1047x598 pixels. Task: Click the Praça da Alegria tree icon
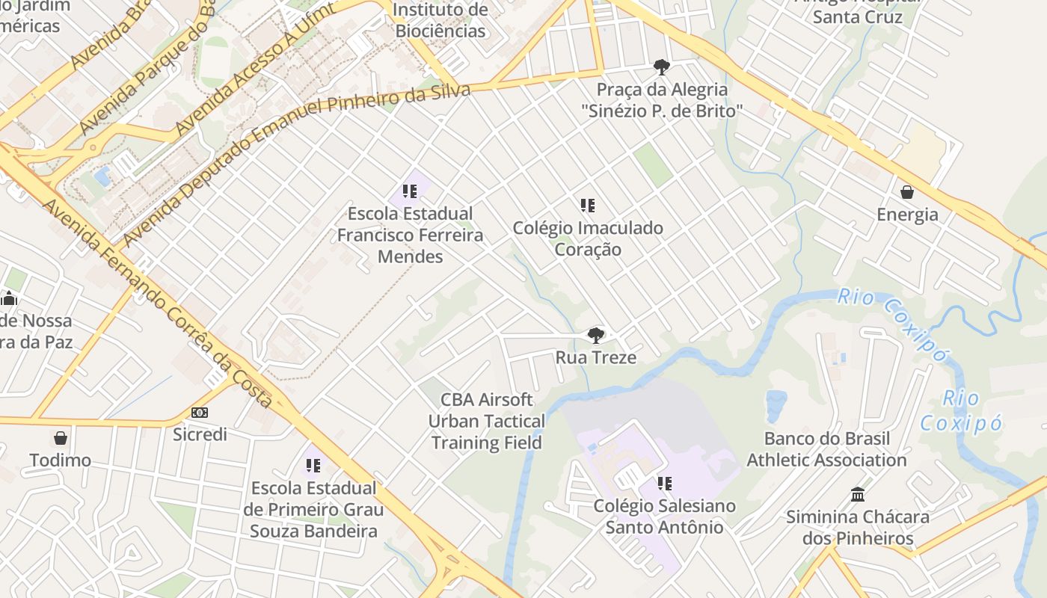(x=661, y=67)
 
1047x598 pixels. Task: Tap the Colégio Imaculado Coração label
(x=588, y=238)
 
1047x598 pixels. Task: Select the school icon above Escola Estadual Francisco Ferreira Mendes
(x=409, y=191)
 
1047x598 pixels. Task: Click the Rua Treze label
(x=595, y=357)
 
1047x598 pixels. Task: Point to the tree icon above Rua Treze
(x=595, y=335)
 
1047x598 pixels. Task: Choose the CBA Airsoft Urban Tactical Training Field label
(x=487, y=421)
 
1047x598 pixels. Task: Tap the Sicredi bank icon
(x=200, y=413)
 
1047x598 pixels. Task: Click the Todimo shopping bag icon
(x=61, y=437)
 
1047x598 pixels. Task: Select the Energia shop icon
(x=907, y=192)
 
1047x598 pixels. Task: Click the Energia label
(x=907, y=215)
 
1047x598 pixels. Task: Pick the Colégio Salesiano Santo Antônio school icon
(x=664, y=484)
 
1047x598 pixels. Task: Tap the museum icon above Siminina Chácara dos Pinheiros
(x=858, y=495)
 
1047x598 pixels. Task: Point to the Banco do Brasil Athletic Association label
(x=826, y=449)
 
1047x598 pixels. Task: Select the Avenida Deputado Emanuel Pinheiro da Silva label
(x=296, y=164)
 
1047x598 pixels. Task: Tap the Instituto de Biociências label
(x=440, y=20)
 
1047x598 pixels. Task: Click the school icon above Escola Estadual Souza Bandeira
(x=313, y=466)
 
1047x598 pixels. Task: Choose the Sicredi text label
(x=200, y=434)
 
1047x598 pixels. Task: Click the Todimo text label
(x=61, y=460)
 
